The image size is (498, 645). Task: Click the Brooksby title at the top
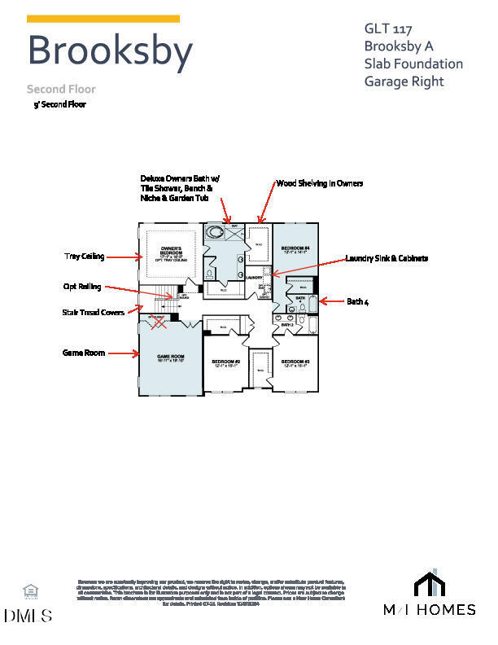click(x=110, y=50)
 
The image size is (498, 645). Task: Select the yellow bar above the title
click(x=103, y=19)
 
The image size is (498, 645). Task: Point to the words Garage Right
click(x=404, y=81)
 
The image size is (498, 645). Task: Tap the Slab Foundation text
click(x=413, y=64)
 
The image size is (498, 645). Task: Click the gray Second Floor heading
click(x=61, y=89)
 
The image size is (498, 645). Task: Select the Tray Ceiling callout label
click(x=85, y=257)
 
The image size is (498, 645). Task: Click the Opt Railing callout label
click(x=81, y=287)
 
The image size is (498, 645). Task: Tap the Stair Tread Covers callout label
click(x=94, y=312)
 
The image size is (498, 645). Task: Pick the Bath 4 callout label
click(x=358, y=301)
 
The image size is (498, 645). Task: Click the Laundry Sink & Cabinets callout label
click(x=387, y=258)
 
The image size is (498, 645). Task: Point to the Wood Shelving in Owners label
click(x=320, y=184)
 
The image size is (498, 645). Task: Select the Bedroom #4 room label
click(x=295, y=249)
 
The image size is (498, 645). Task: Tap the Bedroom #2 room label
click(x=225, y=363)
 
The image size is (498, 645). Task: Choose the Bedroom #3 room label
click(x=295, y=363)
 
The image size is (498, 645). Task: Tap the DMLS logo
click(x=28, y=616)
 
